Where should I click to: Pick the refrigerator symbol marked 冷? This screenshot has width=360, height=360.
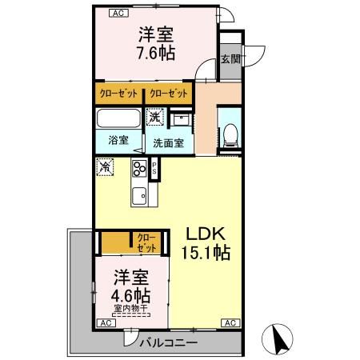pos(105,168)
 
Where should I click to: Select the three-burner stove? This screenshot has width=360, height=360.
pos(142,170)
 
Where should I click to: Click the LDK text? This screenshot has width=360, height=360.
pos(210,234)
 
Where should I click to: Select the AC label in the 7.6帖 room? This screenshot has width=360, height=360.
pos(118,14)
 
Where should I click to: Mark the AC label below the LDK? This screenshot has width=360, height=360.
pos(229,322)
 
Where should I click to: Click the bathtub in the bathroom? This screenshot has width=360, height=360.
pos(119,120)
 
